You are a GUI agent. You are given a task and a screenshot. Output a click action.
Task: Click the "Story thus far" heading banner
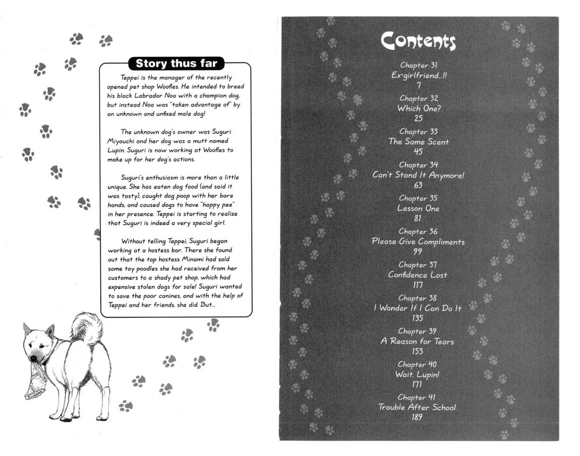click(176, 64)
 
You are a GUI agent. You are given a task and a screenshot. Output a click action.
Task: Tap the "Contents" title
click(418, 41)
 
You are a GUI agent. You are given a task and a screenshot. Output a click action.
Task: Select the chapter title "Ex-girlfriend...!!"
click(419, 75)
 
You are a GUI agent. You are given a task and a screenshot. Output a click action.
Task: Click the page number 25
click(418, 118)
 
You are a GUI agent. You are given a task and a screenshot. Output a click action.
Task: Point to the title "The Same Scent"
click(419, 142)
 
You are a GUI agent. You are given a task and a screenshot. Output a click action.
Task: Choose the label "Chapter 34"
click(418, 165)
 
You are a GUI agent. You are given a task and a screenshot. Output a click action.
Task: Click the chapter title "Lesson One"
click(418, 208)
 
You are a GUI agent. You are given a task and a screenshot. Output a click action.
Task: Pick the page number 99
click(417, 251)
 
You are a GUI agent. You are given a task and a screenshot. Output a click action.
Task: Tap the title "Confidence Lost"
click(417, 275)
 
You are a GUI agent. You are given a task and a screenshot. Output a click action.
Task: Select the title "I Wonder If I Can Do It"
click(417, 308)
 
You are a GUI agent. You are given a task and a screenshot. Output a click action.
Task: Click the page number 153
click(417, 351)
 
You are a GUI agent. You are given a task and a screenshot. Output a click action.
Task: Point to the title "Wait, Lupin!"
click(417, 374)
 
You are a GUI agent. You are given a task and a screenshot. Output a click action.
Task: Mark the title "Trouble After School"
click(417, 407)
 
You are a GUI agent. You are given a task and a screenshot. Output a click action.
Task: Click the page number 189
click(417, 417)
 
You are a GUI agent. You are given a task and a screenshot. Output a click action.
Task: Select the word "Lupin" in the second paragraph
click(116, 150)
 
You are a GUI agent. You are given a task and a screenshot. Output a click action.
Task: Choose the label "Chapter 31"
click(419, 65)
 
